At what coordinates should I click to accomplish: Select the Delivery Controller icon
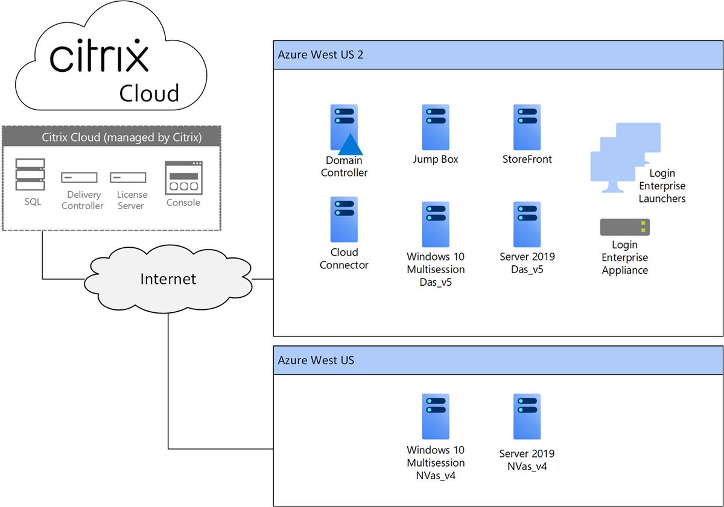[79, 177]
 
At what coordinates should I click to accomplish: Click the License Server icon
[128, 177]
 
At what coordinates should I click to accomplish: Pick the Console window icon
[183, 178]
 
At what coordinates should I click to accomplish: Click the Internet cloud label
[168, 279]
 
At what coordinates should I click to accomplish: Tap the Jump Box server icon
[435, 127]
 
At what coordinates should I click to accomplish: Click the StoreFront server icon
[526, 127]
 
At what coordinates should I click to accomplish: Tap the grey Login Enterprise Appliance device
[624, 227]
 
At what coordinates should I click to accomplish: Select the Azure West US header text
[316, 361]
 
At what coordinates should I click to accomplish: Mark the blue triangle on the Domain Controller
[349, 145]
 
